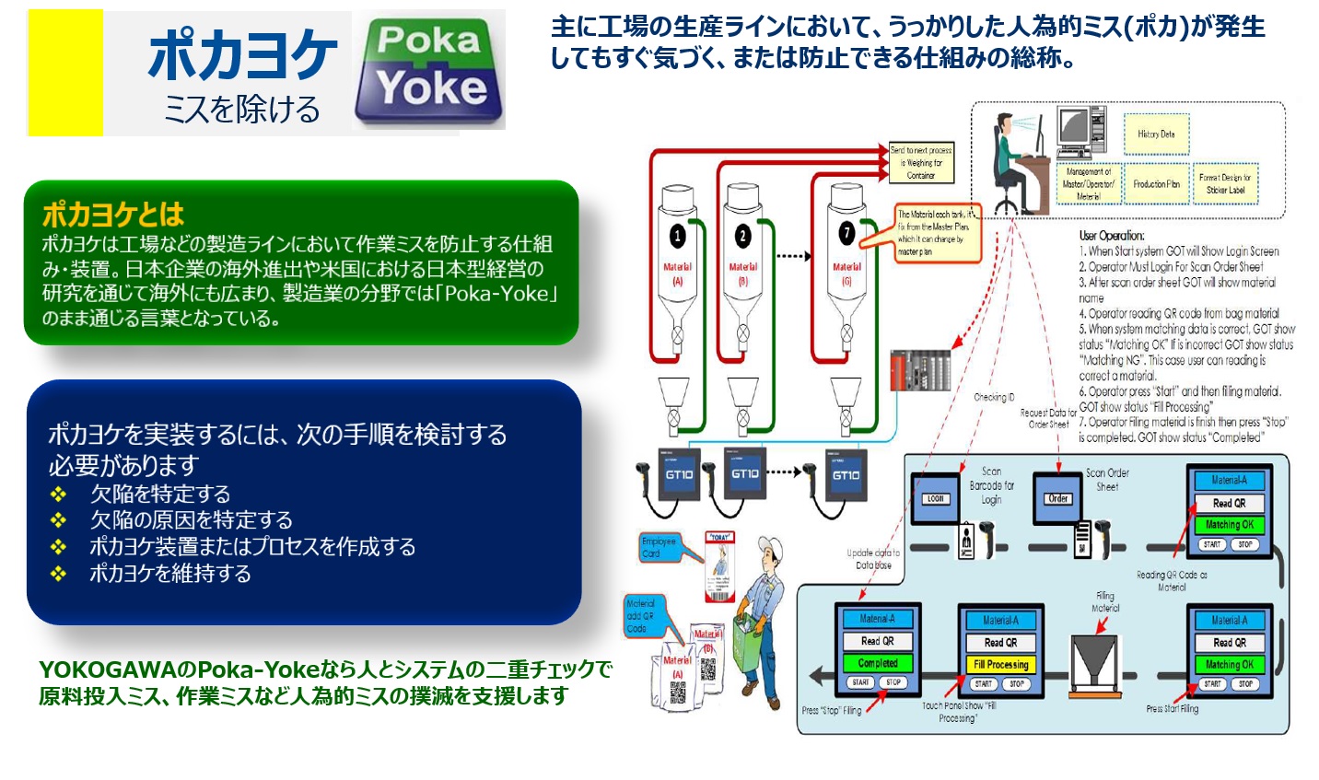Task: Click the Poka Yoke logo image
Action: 429,70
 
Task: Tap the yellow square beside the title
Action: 65,73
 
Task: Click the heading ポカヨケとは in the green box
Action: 113,215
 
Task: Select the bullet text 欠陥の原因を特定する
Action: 191,519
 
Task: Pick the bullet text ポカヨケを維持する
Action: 169,573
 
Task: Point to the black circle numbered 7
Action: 846,233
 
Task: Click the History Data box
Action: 1156,134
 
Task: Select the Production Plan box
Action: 1156,184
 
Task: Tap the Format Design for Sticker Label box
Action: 1225,184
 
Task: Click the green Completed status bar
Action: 877,663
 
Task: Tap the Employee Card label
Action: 659,547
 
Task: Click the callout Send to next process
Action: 921,162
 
